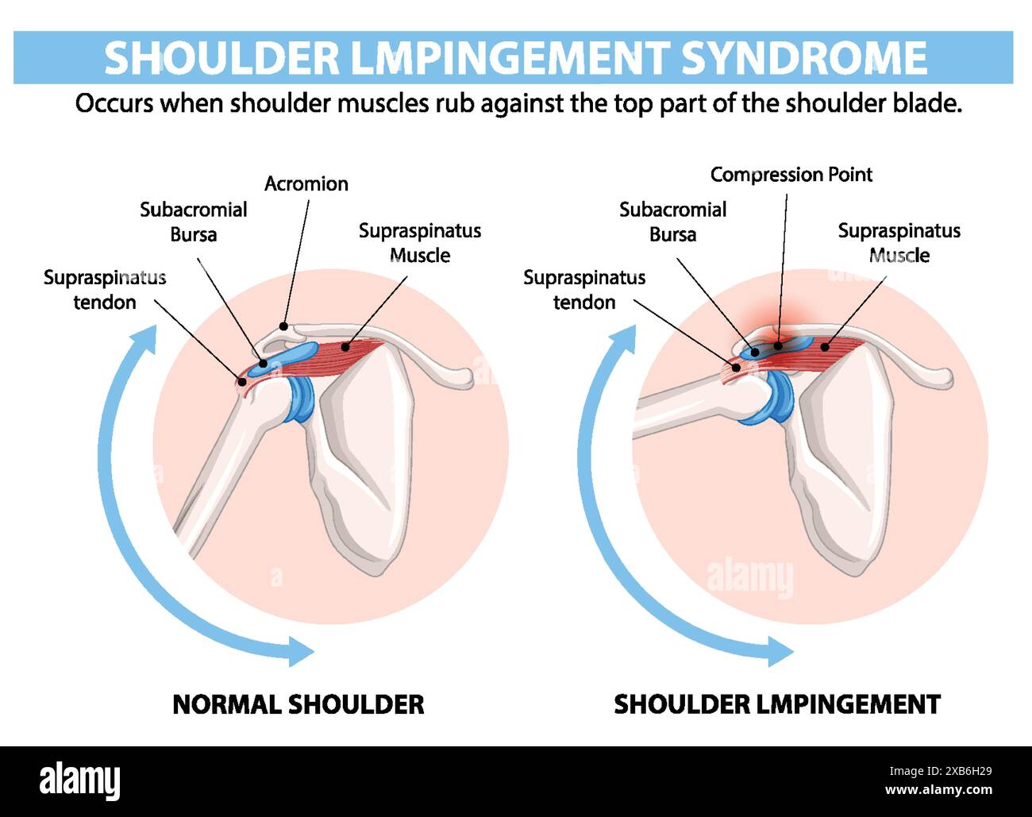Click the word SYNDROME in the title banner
coord(803,58)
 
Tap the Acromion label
coord(306,184)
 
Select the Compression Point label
coord(791,175)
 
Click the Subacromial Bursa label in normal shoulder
coord(193,222)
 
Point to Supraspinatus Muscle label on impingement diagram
coord(899,243)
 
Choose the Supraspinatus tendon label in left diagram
coord(105,290)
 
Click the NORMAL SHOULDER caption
coord(298,704)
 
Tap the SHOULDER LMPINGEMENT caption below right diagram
coord(776,704)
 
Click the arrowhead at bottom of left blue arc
coord(301,651)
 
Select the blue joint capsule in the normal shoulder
coord(301,398)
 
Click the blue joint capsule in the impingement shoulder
coord(776,397)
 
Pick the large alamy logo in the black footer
coord(79,780)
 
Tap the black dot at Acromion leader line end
coord(283,326)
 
